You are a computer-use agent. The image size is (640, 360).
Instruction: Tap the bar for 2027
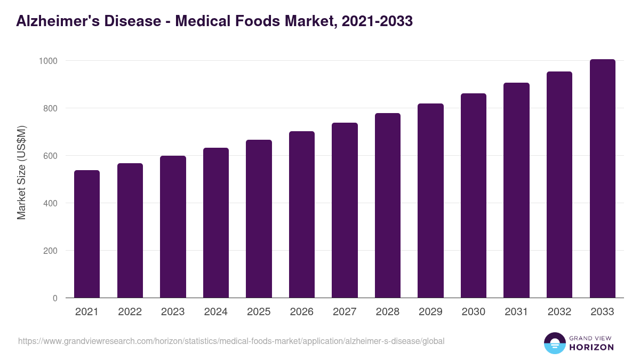coord(345,210)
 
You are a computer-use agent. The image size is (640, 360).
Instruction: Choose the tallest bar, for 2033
coord(602,178)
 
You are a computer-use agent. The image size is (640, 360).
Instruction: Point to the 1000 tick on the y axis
coord(47,61)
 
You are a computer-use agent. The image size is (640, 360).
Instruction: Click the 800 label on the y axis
coord(50,108)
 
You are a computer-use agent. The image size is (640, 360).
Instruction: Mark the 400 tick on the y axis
coord(50,203)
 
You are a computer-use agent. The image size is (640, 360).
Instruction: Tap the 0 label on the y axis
coord(55,298)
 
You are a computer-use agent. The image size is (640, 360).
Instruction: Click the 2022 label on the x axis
coord(130,312)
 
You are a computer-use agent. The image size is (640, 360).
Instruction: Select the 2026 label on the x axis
coord(301,312)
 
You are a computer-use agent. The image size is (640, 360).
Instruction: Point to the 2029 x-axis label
coord(430,312)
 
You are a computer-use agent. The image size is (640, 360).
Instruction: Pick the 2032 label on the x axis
coord(559,312)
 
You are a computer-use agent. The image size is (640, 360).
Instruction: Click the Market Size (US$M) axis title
coord(21,173)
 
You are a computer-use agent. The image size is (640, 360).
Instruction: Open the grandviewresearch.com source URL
coord(231,341)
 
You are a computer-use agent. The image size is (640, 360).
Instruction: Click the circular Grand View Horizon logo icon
coord(554,343)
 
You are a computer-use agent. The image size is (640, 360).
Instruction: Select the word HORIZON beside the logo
coord(591,347)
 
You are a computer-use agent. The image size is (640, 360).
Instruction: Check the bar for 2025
coord(259,219)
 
